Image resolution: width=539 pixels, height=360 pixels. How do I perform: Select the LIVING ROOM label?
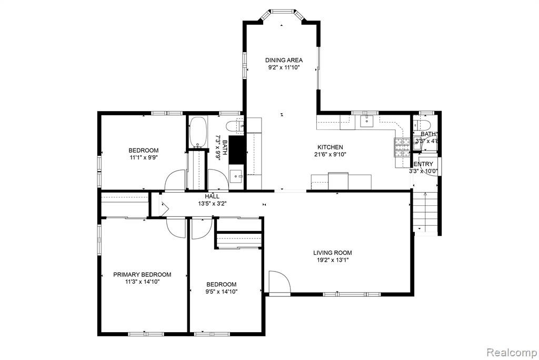(x=333, y=253)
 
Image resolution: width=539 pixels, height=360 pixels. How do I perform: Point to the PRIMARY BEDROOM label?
(x=142, y=275)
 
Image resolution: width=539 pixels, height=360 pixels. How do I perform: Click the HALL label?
(x=212, y=196)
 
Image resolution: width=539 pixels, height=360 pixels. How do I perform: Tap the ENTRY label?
(x=423, y=164)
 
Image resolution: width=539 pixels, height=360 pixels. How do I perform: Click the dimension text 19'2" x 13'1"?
(x=333, y=260)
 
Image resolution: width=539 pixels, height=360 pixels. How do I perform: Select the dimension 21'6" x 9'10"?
(x=330, y=154)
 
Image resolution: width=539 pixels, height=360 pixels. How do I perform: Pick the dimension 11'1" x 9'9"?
(x=143, y=158)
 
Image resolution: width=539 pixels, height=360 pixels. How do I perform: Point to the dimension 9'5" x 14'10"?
(x=222, y=292)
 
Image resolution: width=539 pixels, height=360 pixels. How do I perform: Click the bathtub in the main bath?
(x=198, y=133)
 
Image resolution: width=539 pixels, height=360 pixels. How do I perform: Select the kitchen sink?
(x=367, y=121)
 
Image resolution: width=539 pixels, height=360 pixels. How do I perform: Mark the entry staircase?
(x=425, y=212)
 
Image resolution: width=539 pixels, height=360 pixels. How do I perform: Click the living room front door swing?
(x=279, y=282)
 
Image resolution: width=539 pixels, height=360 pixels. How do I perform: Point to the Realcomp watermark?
(x=512, y=353)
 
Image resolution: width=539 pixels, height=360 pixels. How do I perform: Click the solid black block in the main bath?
(x=236, y=150)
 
